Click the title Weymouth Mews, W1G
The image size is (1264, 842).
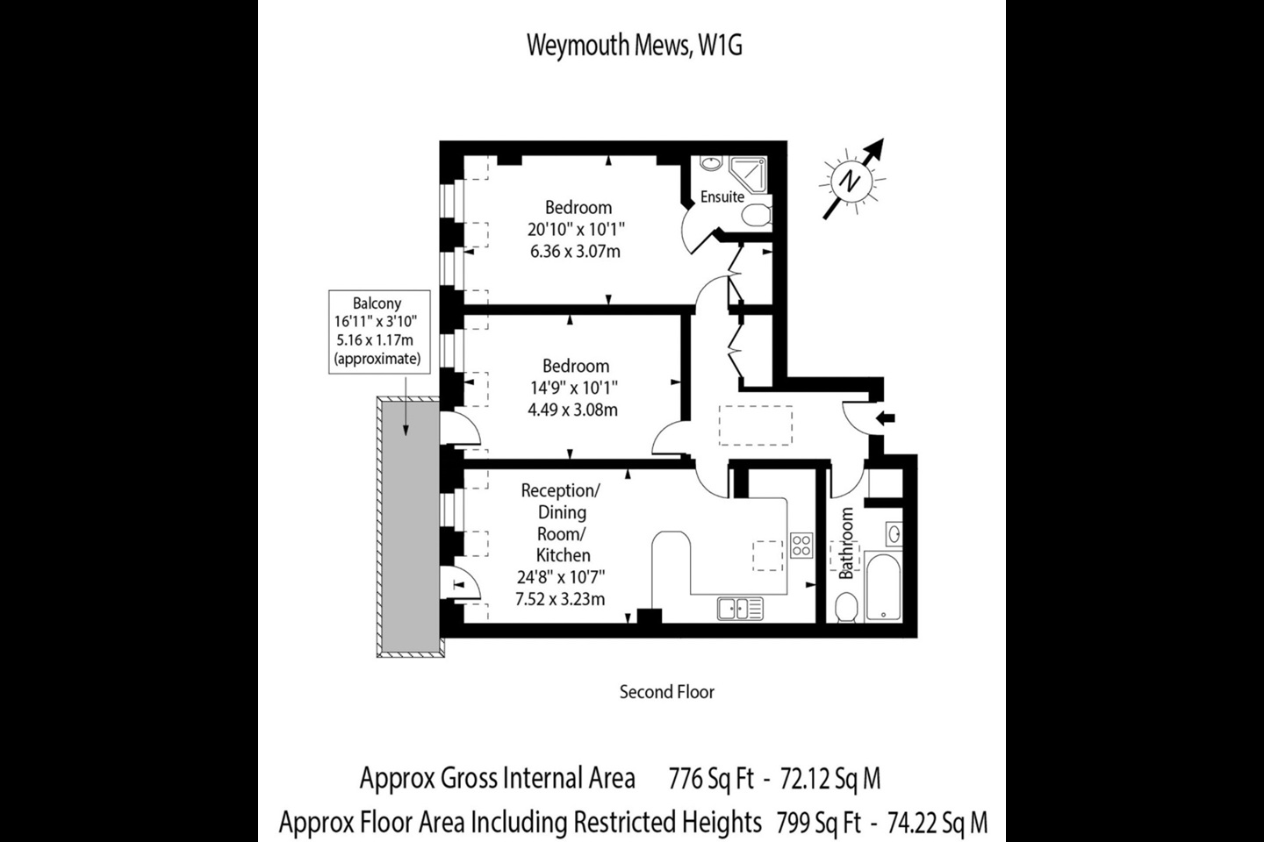pyautogui.click(x=634, y=46)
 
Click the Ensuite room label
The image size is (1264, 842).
pyautogui.click(x=722, y=197)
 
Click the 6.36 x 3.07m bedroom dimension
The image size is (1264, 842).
pyautogui.click(x=575, y=252)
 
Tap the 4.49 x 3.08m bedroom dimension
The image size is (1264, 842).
pyautogui.click(x=573, y=410)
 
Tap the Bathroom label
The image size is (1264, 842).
pyautogui.click(x=846, y=543)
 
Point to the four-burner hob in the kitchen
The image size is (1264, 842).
pyautogui.click(x=801, y=546)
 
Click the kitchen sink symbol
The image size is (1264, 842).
pyautogui.click(x=739, y=608)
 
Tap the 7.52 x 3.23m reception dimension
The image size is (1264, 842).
pyautogui.click(x=560, y=600)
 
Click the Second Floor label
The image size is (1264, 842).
pyautogui.click(x=666, y=692)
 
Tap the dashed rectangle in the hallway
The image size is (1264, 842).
pyautogui.click(x=756, y=425)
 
